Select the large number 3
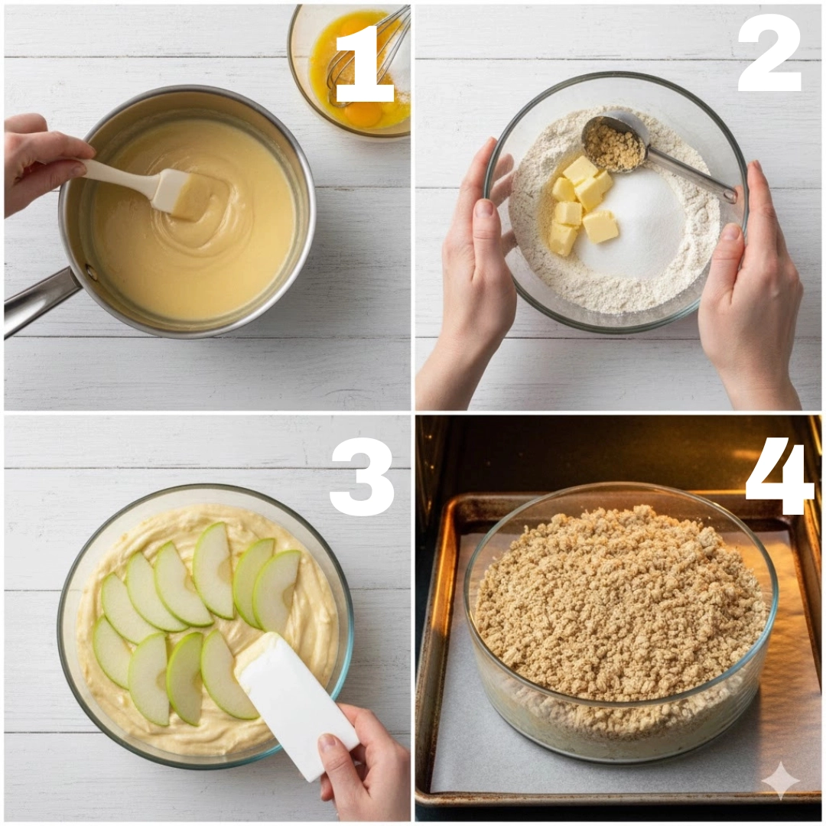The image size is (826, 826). [363, 476]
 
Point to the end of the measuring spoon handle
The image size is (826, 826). [730, 196]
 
